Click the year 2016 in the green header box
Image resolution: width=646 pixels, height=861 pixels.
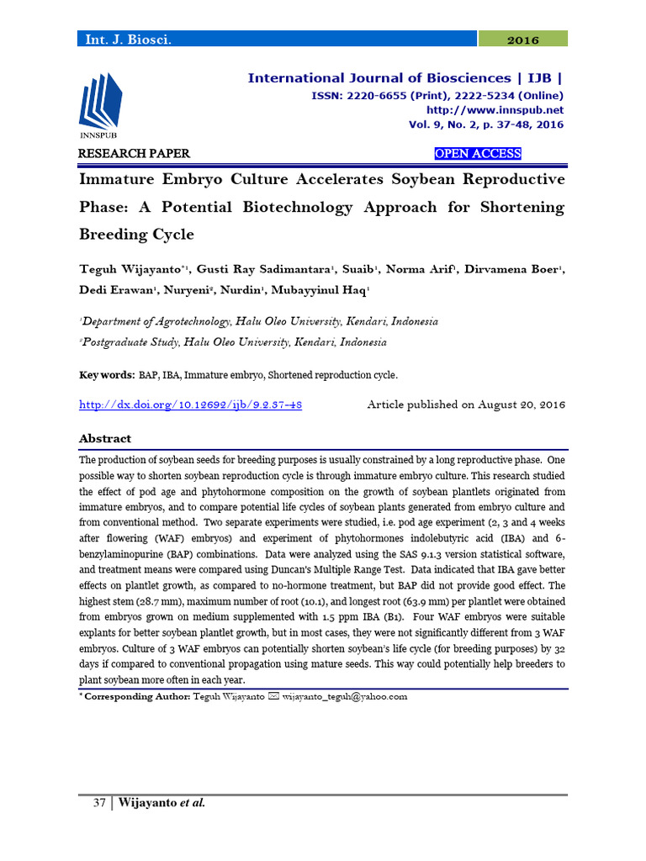click(523, 40)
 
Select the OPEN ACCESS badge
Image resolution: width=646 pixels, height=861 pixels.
click(477, 154)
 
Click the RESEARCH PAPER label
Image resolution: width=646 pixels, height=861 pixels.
click(134, 154)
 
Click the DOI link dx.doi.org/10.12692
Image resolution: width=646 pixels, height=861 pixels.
click(190, 404)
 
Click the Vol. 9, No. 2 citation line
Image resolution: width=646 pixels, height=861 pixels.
click(485, 124)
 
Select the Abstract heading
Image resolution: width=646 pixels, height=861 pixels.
click(105, 439)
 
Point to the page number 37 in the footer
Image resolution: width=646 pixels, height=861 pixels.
click(98, 803)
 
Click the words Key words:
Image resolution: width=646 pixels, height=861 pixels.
click(106, 375)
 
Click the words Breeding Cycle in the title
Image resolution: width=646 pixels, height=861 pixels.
click(136, 234)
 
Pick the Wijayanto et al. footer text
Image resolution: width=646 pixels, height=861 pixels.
click(161, 803)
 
